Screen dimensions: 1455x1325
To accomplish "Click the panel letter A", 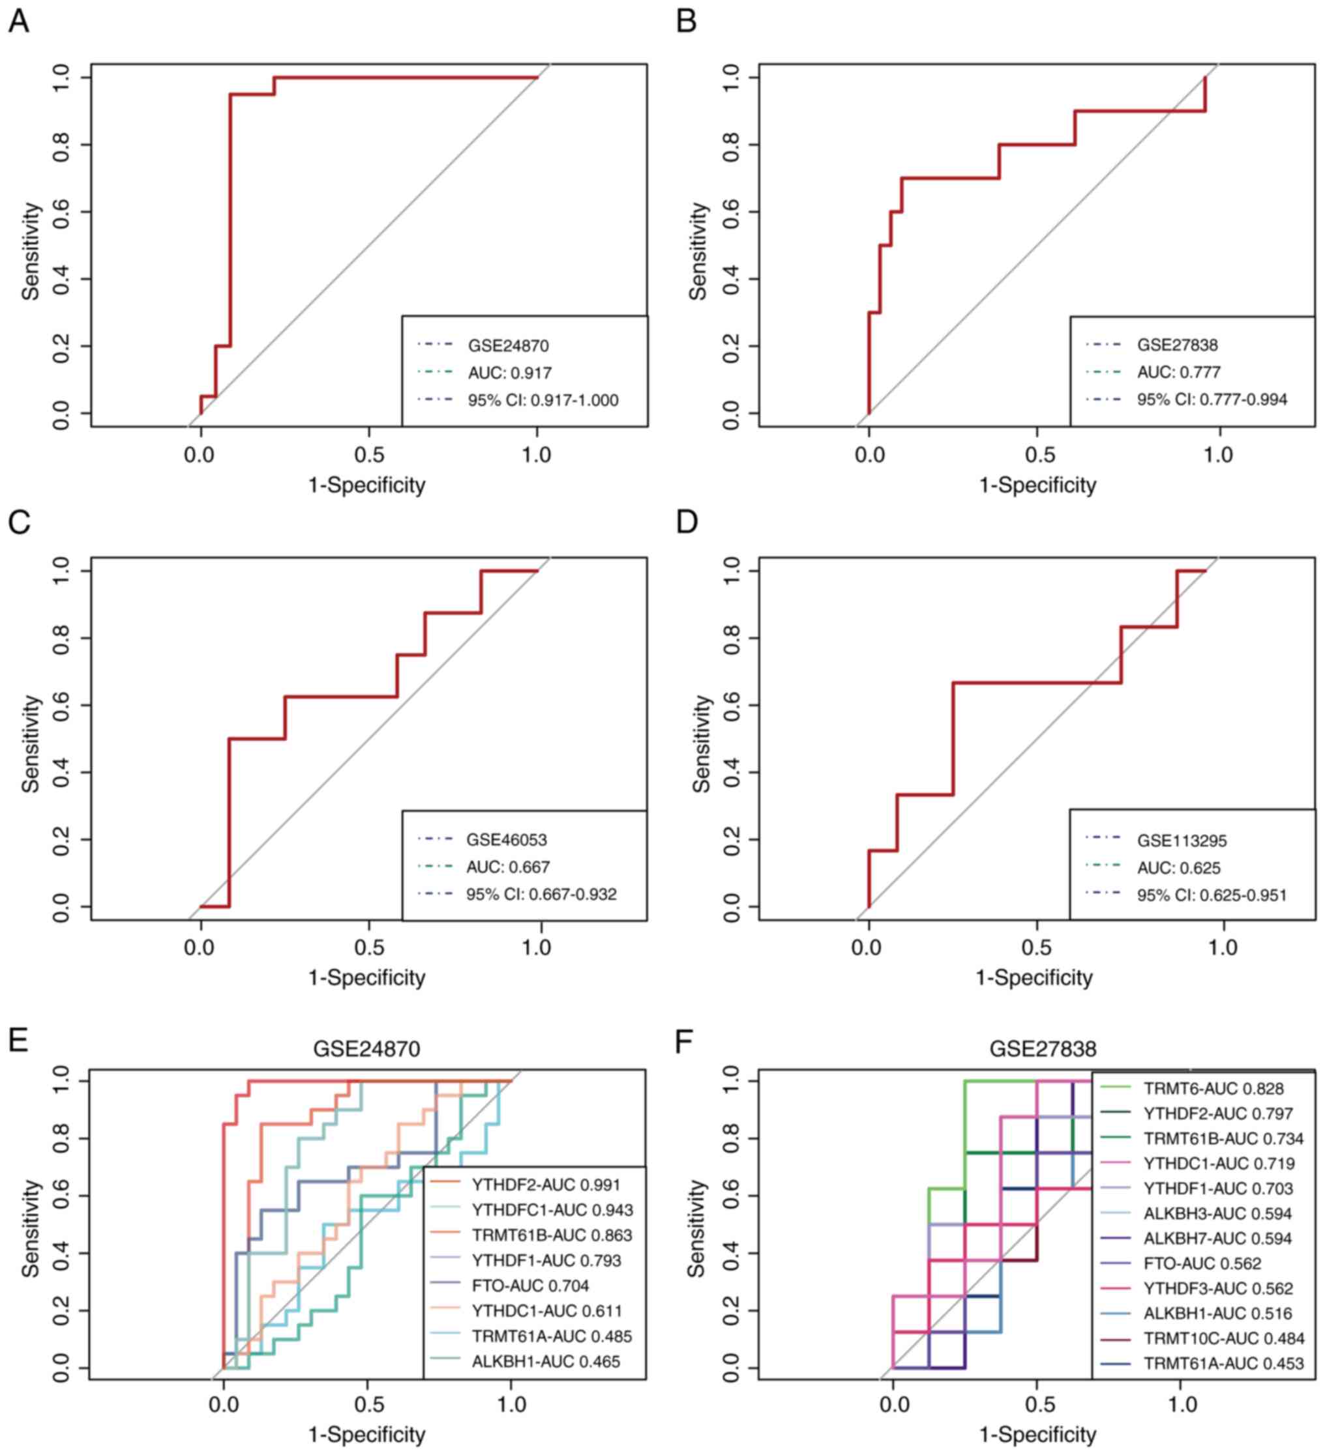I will point(19,22).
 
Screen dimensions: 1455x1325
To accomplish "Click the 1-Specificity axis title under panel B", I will point(1037,485).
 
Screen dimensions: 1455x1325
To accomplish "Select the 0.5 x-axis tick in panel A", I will point(369,455).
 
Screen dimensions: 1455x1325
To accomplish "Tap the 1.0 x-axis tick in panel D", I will point(1223,947).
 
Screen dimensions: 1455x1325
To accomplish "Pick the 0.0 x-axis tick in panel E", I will point(223,1404).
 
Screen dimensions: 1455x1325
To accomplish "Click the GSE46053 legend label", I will point(506,840).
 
